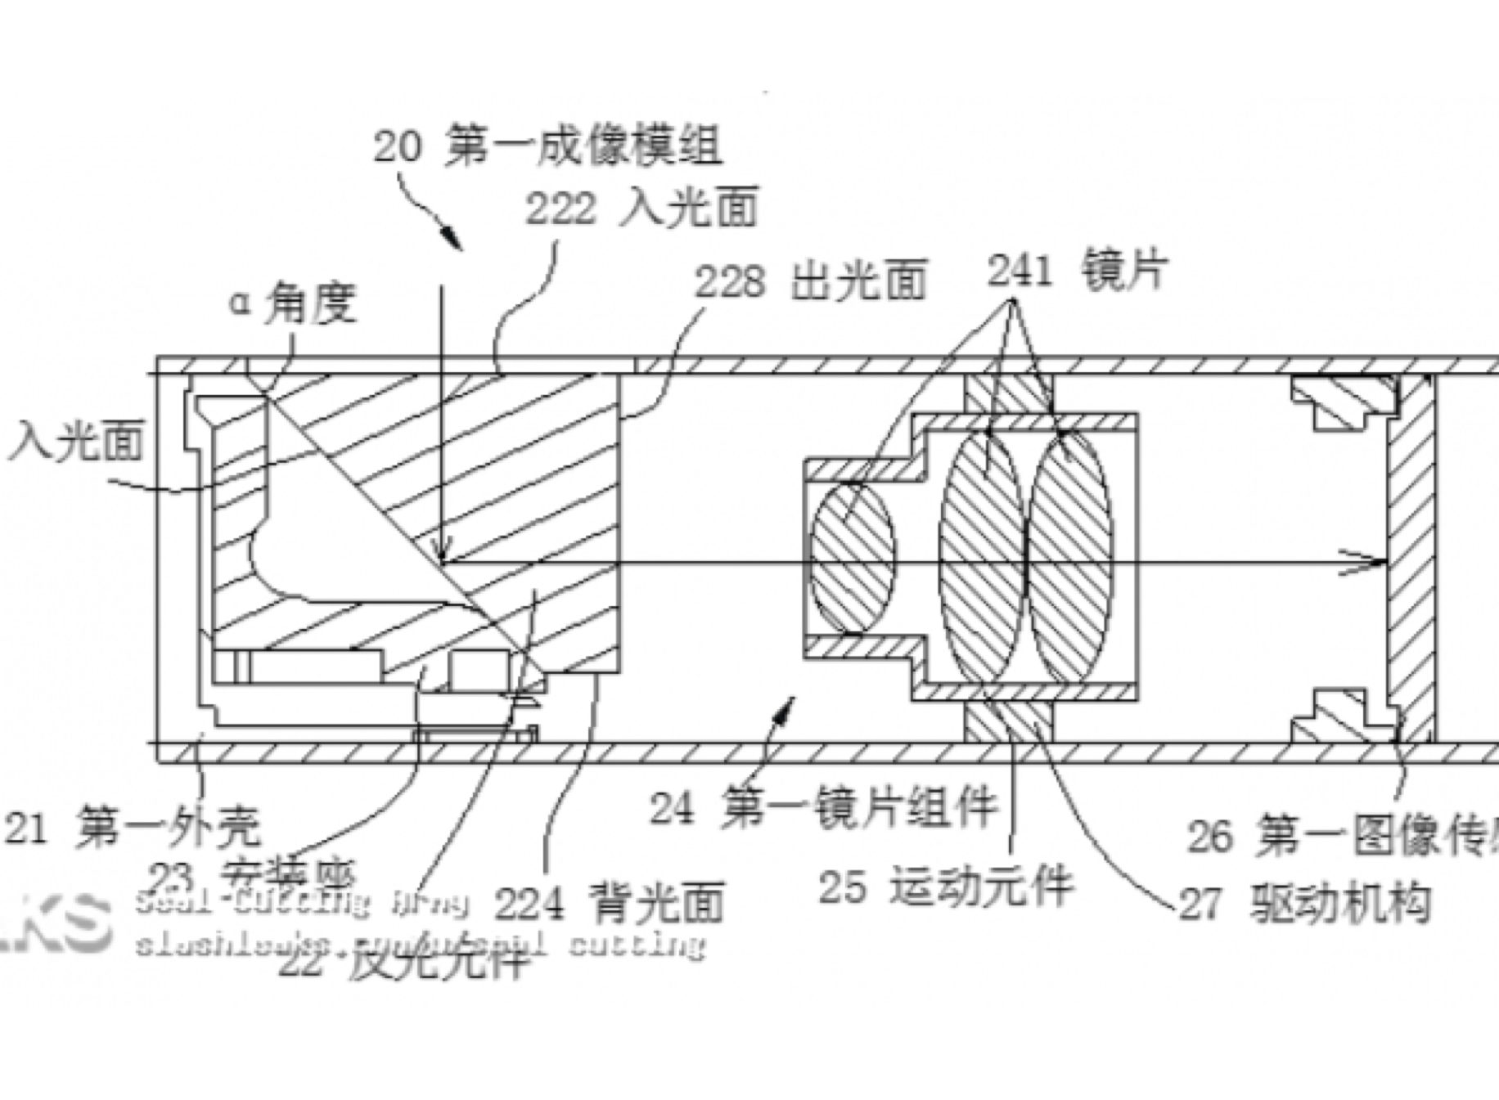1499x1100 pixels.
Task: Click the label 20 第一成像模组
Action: [547, 147]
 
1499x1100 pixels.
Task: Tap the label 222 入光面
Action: [641, 208]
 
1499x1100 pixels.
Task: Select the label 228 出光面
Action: [810, 281]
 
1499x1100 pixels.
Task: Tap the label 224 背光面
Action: [610, 902]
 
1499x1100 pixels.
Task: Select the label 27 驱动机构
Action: [1305, 903]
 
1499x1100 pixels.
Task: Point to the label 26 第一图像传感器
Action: [1342, 835]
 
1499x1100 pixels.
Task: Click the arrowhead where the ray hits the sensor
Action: [1375, 562]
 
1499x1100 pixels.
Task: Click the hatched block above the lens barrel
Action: [1008, 393]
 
